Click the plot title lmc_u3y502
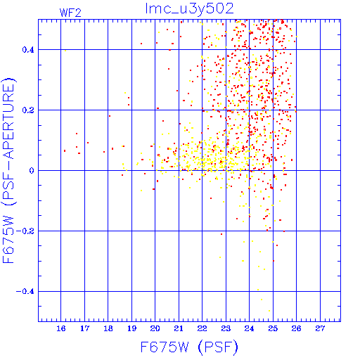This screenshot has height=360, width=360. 189,9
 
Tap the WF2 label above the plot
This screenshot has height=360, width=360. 70,13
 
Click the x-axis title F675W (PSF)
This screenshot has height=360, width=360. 189,347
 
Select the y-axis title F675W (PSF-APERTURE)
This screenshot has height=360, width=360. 8,171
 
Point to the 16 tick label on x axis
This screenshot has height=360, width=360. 61,328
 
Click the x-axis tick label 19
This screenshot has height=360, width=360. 131,328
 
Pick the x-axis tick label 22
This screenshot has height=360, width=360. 202,328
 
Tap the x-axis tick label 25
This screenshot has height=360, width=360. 273,328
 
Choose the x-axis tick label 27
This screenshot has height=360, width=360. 320,328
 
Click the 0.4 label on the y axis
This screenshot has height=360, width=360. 28,50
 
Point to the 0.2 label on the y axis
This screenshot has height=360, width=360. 28,110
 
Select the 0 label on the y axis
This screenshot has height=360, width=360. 32,171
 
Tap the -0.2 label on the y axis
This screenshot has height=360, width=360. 25,231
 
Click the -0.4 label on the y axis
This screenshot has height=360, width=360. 25,292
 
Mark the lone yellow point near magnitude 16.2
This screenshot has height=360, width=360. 65,51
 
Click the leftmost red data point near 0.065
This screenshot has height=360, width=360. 65,150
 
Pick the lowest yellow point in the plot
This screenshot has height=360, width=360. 269,311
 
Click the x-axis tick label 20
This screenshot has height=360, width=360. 155,328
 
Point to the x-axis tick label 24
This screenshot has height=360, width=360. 249,328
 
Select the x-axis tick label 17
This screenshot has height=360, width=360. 84,328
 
